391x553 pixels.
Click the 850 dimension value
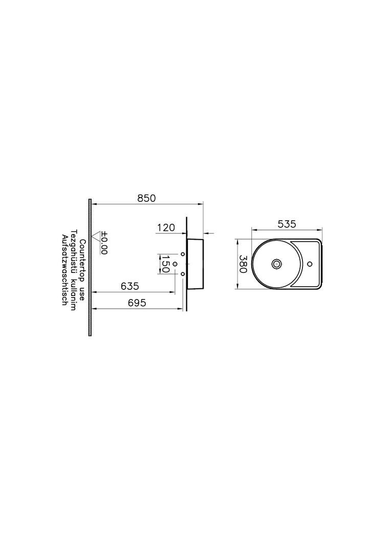click(146, 198)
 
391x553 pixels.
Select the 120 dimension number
click(166, 228)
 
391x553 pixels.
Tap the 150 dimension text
click(165, 264)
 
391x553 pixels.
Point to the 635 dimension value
click(130, 286)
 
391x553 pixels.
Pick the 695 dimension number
click(137, 303)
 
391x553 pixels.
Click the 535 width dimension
click(287, 224)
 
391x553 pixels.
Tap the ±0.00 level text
click(104, 243)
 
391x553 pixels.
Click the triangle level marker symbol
click(96, 236)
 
